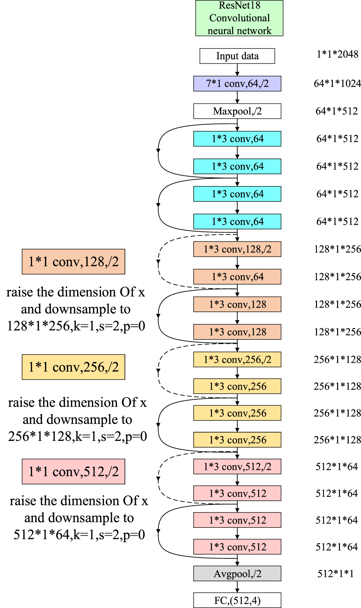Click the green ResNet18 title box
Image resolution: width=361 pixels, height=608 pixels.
pyautogui.click(x=239, y=18)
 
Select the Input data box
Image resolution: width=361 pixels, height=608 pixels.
pyautogui.click(x=237, y=56)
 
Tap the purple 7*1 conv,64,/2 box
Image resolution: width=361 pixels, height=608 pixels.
pyautogui.click(x=237, y=84)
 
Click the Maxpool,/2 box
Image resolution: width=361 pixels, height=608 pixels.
pyautogui.click(x=237, y=111)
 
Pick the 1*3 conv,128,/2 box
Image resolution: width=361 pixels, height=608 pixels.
pyautogui.click(x=237, y=249)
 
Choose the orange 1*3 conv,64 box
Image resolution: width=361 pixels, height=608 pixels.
pyautogui.click(x=237, y=277)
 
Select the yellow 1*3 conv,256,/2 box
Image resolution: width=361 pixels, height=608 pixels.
pyautogui.click(x=237, y=360)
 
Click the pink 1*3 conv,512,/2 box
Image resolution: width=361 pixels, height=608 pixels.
pyautogui.click(x=237, y=467)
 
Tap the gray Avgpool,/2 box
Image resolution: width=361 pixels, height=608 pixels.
pyautogui.click(x=237, y=574)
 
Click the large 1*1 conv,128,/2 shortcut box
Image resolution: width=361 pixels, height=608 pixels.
pyautogui.click(x=73, y=262)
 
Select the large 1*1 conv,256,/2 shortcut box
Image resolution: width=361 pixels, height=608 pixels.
pyautogui.click(x=73, y=367)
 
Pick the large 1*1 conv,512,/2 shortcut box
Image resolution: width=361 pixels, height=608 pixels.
pyautogui.click(x=73, y=471)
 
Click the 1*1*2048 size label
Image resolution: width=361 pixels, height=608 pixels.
pyautogui.click(x=337, y=54)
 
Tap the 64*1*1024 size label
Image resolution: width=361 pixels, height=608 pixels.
pyautogui.click(x=337, y=84)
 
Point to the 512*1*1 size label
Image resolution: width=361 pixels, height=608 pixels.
pyautogui.click(x=335, y=574)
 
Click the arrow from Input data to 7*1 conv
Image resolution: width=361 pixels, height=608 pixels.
pyautogui.click(x=237, y=70)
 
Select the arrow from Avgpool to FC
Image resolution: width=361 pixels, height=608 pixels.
pyautogui.click(x=237, y=587)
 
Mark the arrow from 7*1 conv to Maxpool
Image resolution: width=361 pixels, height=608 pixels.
pyautogui.click(x=237, y=97)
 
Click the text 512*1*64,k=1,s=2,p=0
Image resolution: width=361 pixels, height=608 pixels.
pyautogui.click(x=79, y=535)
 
